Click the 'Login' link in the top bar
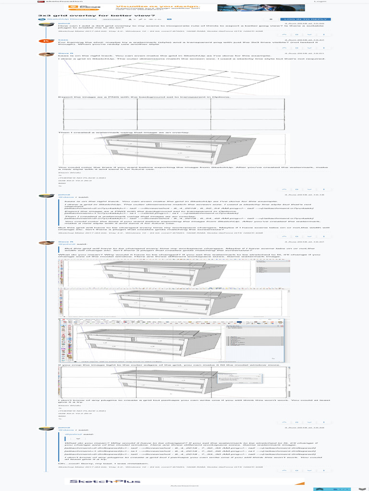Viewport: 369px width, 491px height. pos(320,1)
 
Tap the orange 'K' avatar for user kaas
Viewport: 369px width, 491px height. pos(45,41)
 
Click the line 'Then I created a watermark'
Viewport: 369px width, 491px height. pos(123,132)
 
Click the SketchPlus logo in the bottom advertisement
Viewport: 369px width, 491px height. pos(105,481)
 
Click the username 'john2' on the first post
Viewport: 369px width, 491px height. pos(63,23)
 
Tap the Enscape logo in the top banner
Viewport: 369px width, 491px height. pos(91,7)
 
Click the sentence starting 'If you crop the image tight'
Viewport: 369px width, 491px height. pos(168,365)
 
